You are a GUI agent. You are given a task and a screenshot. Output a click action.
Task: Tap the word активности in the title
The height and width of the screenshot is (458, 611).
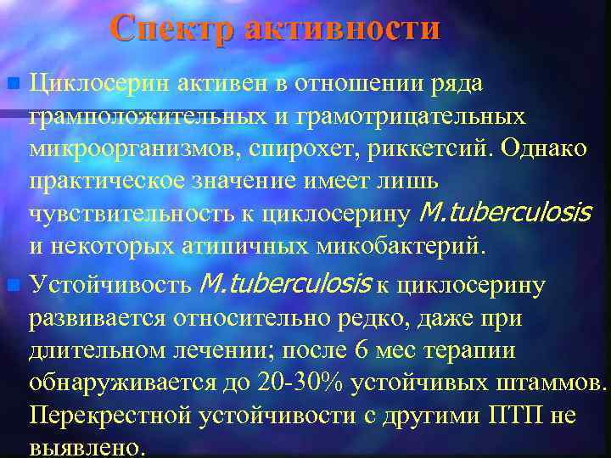(342, 29)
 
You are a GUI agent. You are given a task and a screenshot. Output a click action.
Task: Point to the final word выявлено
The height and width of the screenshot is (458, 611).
(88, 447)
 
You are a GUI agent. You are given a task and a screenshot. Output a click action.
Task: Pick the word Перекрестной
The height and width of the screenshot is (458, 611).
(112, 415)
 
